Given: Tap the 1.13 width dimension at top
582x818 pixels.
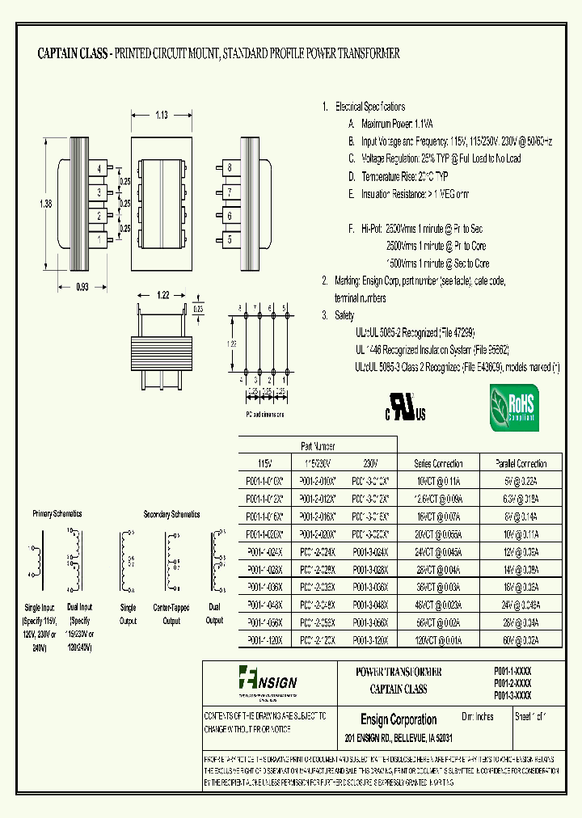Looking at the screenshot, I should click(161, 116).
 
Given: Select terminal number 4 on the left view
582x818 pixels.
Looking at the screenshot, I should click(99, 168).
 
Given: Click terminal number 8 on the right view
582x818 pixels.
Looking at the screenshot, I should click(230, 168).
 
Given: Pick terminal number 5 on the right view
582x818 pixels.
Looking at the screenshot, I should click(230, 239).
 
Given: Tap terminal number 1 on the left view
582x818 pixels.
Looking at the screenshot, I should click(99, 239).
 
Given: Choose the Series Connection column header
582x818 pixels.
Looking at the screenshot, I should click(438, 463).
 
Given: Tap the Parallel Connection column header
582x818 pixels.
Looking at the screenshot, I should click(521, 463).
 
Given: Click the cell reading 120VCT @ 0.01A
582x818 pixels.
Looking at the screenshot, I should click(438, 639).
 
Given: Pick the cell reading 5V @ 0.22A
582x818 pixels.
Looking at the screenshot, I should click(521, 480).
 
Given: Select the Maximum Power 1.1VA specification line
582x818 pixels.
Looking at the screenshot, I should click(391, 124).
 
